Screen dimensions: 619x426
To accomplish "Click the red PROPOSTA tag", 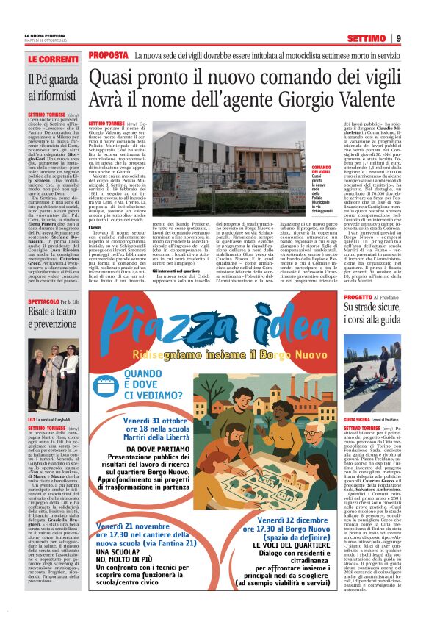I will [x=108, y=55].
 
